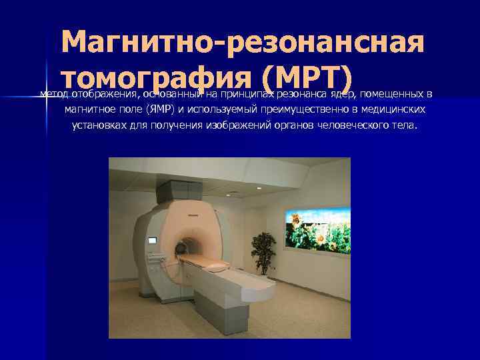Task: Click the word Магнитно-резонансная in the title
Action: [x=242, y=43]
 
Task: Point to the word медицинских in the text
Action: [x=391, y=109]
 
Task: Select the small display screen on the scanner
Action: [x=152, y=240]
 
